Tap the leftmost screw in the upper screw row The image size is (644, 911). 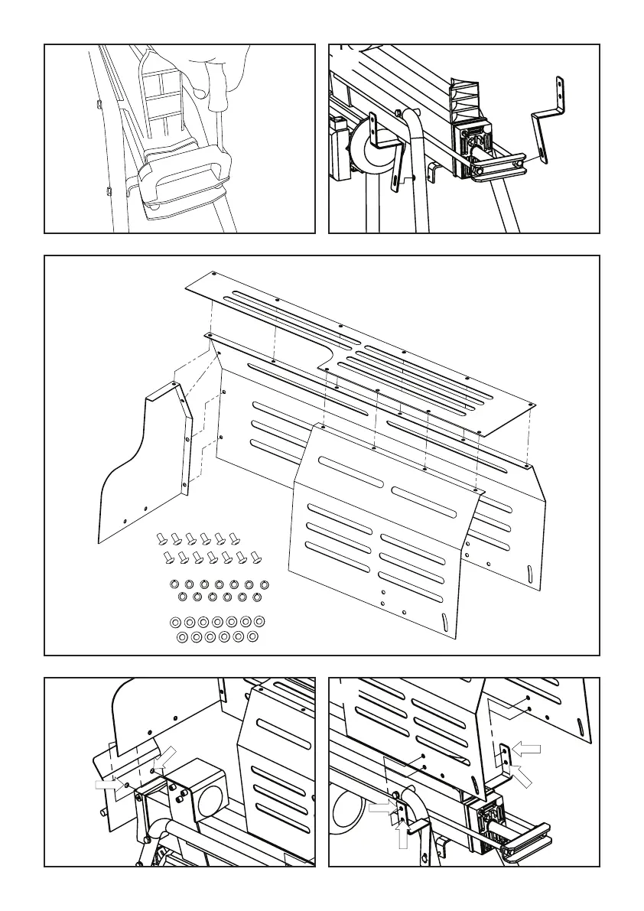click(162, 538)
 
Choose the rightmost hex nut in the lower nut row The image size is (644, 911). click(257, 596)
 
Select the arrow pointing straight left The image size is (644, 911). click(526, 748)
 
